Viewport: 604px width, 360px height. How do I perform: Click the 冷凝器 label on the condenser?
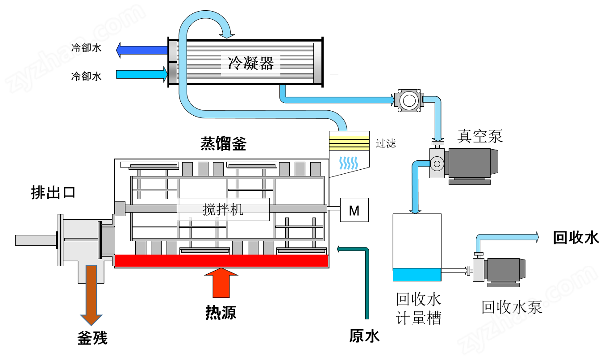click(x=251, y=63)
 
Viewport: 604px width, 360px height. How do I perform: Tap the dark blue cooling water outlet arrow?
click(x=142, y=50)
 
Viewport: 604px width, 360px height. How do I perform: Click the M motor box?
click(x=354, y=210)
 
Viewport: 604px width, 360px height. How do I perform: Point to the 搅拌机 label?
click(x=223, y=209)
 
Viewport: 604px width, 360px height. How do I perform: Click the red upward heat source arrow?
click(x=221, y=283)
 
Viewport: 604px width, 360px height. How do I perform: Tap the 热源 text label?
click(x=221, y=313)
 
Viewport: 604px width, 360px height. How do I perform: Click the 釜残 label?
click(x=92, y=338)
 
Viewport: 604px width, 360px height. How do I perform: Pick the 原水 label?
click(x=364, y=336)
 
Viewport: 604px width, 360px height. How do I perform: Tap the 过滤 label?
click(x=386, y=143)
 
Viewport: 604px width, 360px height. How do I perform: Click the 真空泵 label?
click(x=480, y=136)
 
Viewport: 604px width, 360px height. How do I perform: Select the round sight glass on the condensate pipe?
click(x=409, y=100)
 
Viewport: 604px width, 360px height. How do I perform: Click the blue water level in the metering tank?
click(x=417, y=274)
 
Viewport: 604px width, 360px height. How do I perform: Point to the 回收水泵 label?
click(x=512, y=307)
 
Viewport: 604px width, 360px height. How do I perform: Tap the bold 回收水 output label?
click(x=575, y=238)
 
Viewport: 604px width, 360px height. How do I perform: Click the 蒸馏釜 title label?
click(x=223, y=143)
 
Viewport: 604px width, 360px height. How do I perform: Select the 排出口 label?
click(x=53, y=193)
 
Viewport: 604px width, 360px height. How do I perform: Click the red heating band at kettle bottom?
click(x=221, y=261)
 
